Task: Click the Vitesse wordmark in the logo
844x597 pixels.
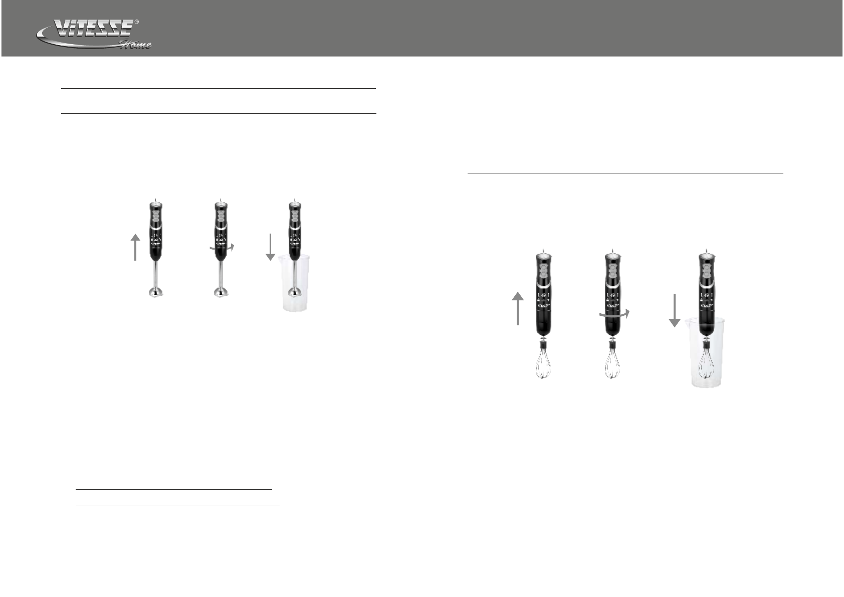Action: (93, 29)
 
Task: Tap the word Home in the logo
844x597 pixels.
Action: (136, 45)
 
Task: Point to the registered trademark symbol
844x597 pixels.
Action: (137, 22)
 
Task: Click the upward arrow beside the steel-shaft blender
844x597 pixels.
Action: (135, 247)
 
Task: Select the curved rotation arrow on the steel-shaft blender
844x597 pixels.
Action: (223, 248)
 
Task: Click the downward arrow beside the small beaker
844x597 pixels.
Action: (270, 247)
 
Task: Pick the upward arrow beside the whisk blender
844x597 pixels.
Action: (518, 308)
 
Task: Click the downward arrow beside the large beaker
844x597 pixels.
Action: (675, 310)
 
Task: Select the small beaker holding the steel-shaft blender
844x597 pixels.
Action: (294, 283)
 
